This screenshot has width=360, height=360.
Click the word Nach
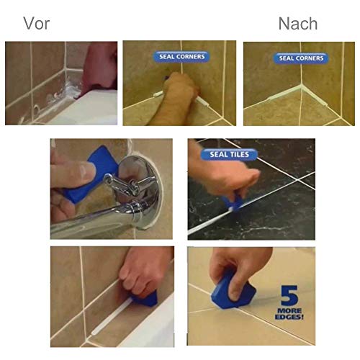(297, 23)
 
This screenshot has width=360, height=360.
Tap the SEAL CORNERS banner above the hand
(181, 56)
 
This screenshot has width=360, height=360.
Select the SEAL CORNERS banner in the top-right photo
(301, 58)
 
